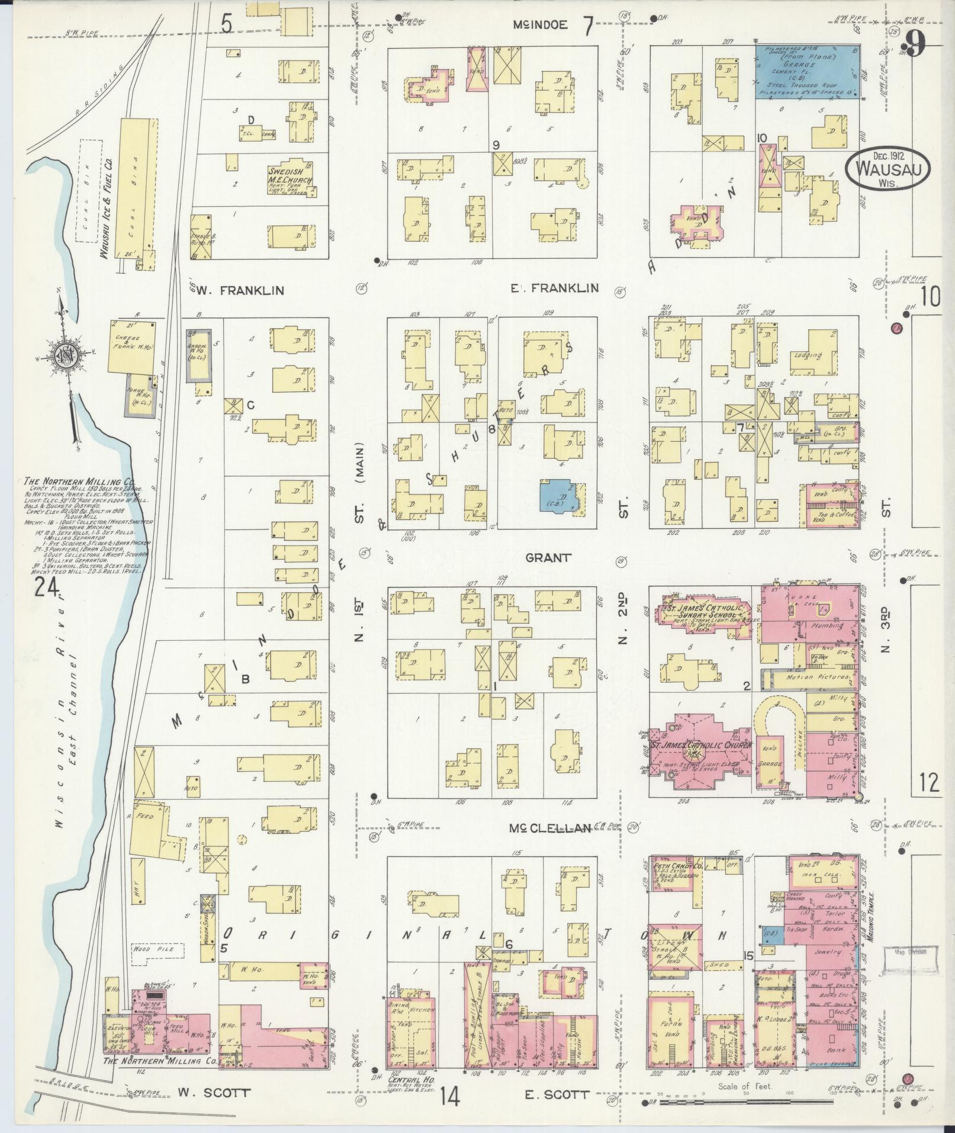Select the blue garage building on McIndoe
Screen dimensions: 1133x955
[x=807, y=72]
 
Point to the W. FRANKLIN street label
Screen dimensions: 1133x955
[x=240, y=290]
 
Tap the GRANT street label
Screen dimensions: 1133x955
[x=548, y=557]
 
